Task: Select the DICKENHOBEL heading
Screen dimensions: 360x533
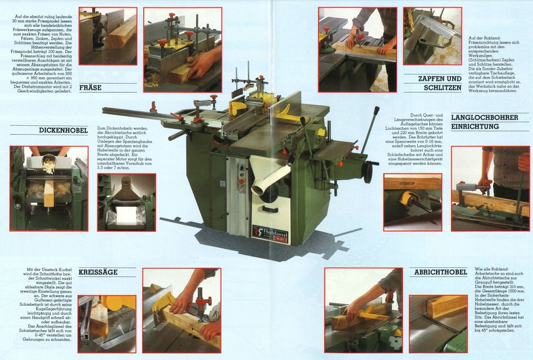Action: click(63, 130)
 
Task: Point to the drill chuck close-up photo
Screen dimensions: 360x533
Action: click(412, 201)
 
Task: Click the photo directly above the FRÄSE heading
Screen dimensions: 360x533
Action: click(108, 36)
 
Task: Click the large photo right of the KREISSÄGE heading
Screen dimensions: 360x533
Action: click(182, 310)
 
